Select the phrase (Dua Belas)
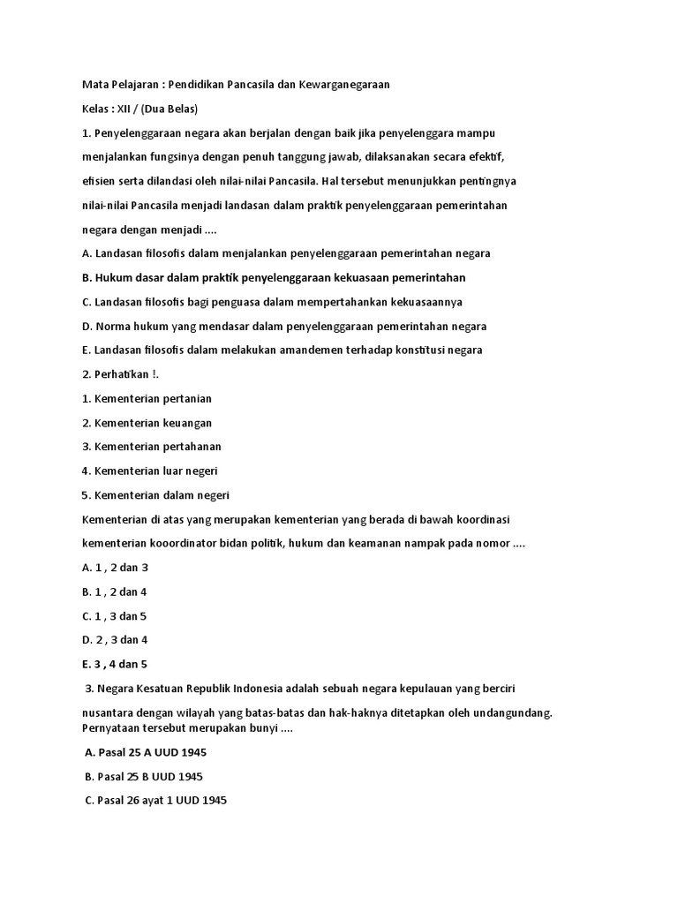coord(169,109)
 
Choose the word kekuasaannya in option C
coord(428,301)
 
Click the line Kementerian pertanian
coord(147,398)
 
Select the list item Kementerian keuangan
coord(147,423)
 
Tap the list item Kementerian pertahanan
coord(151,447)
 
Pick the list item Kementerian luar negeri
coord(149,471)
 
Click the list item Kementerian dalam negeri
coord(155,494)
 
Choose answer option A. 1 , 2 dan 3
coord(115,568)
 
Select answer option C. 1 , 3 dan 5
coord(115,615)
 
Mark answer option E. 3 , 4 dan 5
coord(115,664)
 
